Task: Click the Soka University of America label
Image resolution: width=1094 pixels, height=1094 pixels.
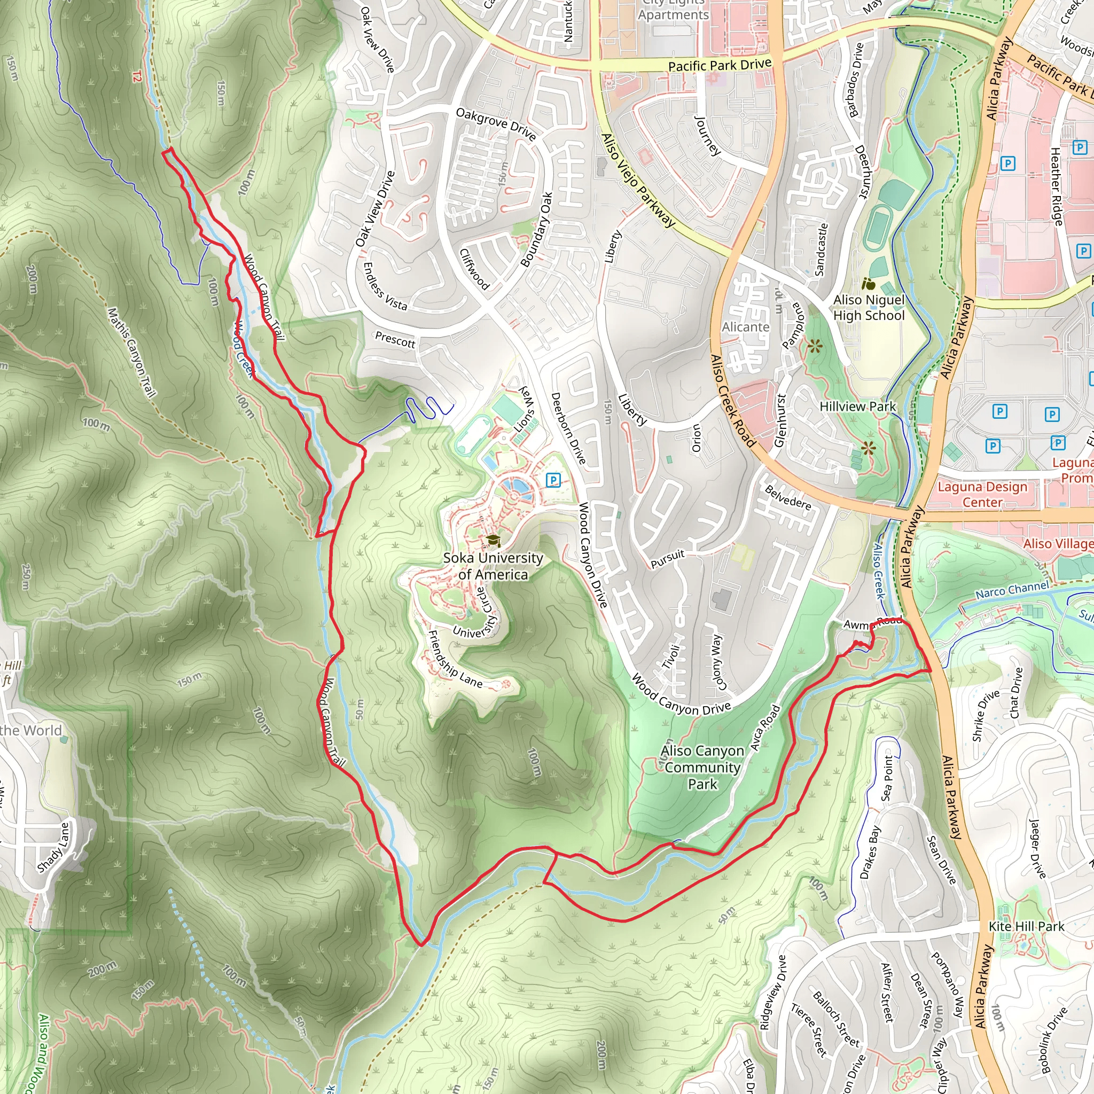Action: coord(493,566)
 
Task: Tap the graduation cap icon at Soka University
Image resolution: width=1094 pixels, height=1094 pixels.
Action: coord(493,540)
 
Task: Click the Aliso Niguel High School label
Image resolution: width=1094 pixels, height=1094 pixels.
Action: coord(869,308)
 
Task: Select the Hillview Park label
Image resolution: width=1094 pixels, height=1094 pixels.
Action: coord(857,407)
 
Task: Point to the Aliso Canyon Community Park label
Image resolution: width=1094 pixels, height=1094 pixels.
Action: coord(702,767)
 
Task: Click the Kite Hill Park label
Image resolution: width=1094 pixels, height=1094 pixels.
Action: coord(1026,926)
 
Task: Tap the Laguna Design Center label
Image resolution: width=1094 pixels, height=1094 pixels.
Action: coord(982,494)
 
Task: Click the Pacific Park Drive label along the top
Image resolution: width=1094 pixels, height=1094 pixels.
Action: coord(719,65)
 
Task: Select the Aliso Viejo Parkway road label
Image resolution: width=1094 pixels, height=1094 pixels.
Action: coord(638,181)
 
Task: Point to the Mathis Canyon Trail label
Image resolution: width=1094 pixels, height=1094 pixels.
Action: coord(131,352)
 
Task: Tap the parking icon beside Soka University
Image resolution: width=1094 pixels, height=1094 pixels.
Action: coord(553,481)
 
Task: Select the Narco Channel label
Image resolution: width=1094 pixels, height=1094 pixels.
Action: coord(1012,590)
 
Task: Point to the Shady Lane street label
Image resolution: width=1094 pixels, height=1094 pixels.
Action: coord(53,847)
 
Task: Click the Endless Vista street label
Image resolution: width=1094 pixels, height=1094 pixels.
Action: coord(385,286)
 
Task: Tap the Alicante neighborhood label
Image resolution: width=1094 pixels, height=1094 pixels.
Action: coord(745,327)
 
